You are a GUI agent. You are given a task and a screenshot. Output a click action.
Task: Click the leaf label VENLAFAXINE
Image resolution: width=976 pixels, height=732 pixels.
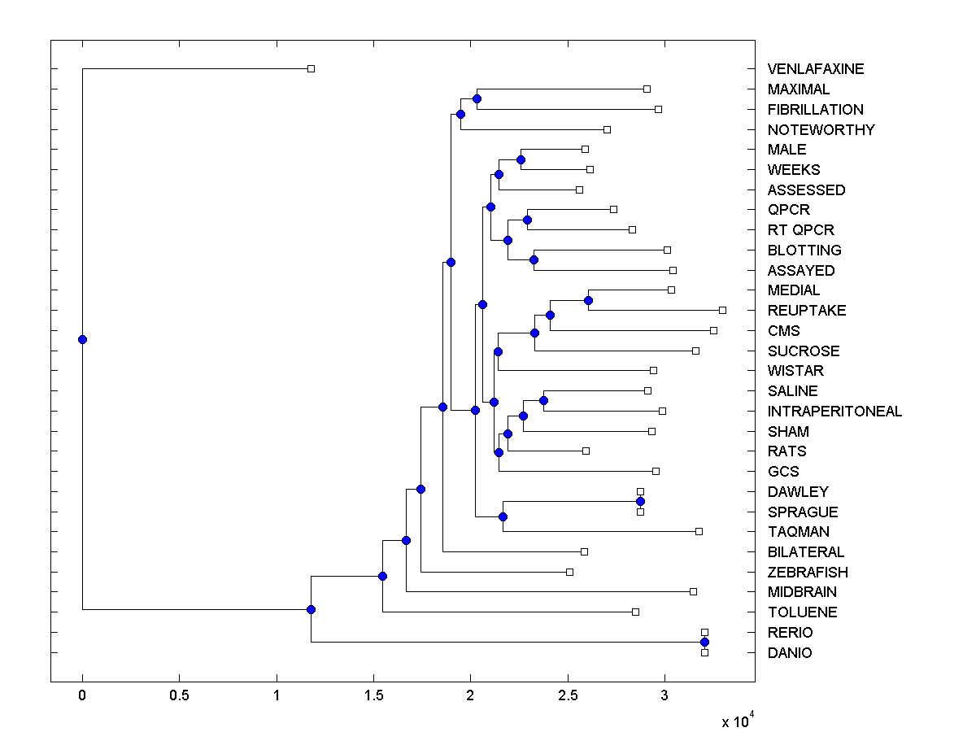point(816,69)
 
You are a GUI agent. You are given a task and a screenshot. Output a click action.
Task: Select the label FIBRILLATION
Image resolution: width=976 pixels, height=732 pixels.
point(815,109)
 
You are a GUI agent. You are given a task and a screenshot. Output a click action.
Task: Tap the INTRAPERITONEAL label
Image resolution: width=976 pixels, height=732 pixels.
point(834,412)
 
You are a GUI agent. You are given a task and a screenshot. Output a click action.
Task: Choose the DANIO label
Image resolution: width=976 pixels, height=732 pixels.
point(789,652)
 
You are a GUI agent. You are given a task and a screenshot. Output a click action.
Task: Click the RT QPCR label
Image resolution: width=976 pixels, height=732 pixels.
point(800,230)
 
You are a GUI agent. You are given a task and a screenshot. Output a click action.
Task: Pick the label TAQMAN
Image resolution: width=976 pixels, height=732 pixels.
point(798,532)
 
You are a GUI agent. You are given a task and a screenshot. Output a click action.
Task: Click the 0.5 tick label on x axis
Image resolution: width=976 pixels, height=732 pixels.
point(179,696)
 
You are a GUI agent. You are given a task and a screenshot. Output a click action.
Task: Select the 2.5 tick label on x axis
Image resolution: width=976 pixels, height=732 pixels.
point(568,696)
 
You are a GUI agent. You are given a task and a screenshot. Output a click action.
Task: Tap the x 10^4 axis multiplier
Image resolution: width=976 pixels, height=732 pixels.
point(738,721)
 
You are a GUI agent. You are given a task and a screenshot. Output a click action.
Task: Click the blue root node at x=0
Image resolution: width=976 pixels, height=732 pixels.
point(82,339)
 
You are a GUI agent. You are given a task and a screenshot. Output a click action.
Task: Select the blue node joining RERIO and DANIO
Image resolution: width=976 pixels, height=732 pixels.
point(704,643)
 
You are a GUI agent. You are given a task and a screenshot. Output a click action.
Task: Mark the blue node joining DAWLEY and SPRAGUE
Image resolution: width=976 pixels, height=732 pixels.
point(640,502)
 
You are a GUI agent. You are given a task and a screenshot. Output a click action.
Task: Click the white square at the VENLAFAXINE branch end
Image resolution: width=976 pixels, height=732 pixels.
point(311,69)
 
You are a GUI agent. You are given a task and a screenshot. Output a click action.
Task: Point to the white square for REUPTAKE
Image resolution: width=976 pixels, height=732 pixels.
point(722,310)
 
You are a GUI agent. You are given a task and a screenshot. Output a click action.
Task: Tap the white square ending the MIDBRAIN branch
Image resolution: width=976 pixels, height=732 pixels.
point(693,591)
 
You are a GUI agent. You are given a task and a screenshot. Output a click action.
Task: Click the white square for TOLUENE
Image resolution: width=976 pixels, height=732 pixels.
point(635,612)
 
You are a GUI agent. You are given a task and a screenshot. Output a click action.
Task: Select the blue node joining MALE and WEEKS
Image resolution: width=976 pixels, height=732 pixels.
point(521,159)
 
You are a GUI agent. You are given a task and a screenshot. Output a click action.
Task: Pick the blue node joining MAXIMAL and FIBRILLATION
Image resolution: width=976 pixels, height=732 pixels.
point(477,98)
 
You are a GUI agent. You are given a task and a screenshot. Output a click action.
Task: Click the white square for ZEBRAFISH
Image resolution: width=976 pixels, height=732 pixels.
point(569,572)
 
